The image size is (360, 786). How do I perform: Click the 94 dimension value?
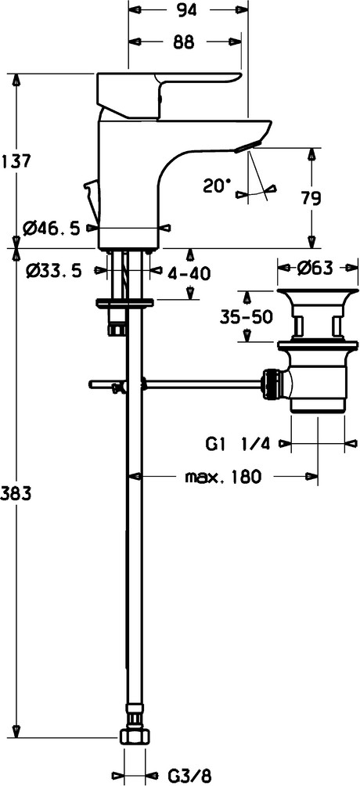click(185, 9)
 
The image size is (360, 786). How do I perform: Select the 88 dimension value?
click(184, 42)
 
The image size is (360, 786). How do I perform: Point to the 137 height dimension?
click(16, 161)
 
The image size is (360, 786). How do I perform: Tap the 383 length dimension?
click(16, 493)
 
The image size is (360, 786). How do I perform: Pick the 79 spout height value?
click(311, 199)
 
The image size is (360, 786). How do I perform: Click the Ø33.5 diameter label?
click(52, 271)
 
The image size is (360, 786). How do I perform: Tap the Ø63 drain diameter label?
click(315, 269)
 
